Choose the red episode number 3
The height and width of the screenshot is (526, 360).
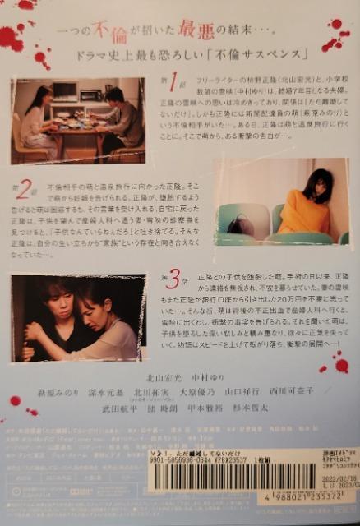tap(172, 278)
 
